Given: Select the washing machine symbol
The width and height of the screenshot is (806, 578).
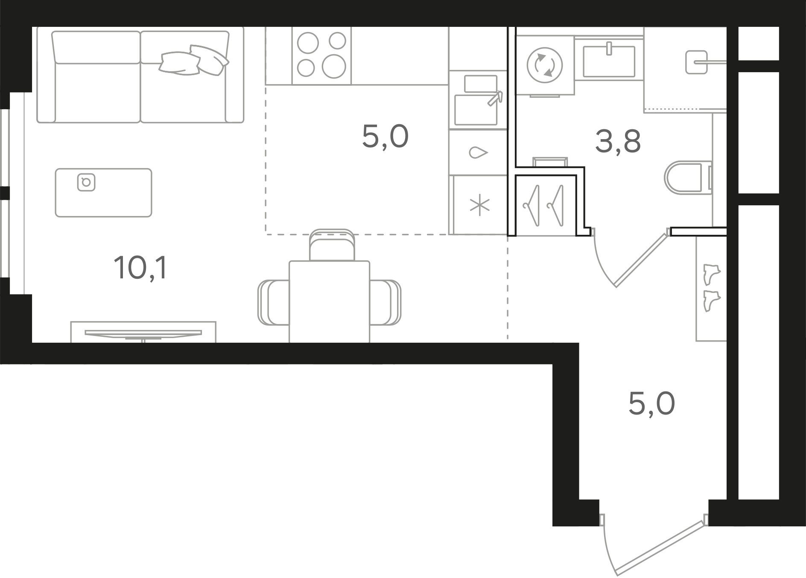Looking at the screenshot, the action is (x=545, y=65).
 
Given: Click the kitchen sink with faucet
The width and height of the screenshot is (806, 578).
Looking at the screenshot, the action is (x=478, y=100).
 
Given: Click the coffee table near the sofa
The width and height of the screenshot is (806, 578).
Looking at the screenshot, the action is (x=103, y=193).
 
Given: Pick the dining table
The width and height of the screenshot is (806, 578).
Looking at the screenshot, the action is (x=329, y=301).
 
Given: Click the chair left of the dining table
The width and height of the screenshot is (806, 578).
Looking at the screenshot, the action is (x=273, y=302).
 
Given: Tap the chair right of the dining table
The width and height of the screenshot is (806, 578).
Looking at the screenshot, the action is (x=385, y=302).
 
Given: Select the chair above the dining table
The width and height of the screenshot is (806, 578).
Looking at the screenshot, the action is (x=332, y=245).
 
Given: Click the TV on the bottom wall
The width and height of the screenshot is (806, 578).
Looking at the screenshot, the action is (x=143, y=334).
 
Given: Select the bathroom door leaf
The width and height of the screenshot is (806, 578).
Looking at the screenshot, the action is (x=641, y=259).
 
